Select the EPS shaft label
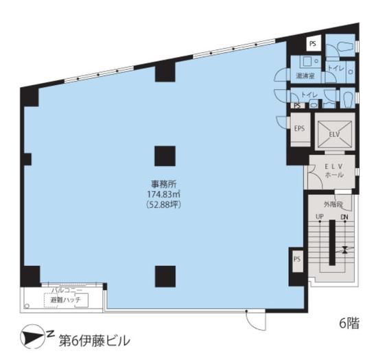point(299,128)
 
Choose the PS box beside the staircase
point(297,259)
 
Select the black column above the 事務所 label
point(164,156)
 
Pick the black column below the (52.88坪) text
point(164,276)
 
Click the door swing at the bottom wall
point(255,318)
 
